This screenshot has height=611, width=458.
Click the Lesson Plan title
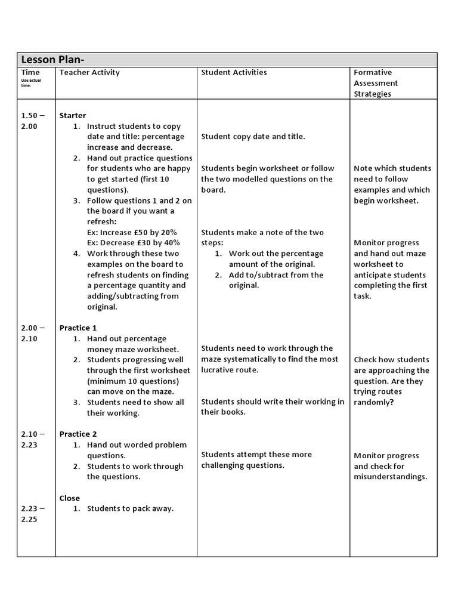(x=57, y=60)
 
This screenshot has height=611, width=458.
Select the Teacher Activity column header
(x=89, y=72)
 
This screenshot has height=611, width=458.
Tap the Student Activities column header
(x=234, y=72)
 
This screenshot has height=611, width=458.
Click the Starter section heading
(x=73, y=115)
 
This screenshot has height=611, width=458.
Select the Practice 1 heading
(x=78, y=328)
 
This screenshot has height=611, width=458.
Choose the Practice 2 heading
(x=78, y=434)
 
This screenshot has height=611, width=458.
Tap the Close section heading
(x=70, y=498)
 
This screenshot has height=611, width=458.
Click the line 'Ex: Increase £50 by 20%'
(x=132, y=232)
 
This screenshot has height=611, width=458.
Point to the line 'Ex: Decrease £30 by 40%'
(x=133, y=243)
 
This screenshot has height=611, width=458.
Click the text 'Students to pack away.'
(x=130, y=508)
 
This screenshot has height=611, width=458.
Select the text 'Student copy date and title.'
(x=253, y=137)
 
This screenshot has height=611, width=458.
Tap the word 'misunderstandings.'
(x=391, y=477)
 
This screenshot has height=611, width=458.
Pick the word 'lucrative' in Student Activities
(x=219, y=370)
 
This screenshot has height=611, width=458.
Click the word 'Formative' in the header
(x=373, y=72)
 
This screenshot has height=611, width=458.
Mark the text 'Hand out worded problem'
(x=137, y=445)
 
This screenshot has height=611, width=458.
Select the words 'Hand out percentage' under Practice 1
(x=126, y=338)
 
